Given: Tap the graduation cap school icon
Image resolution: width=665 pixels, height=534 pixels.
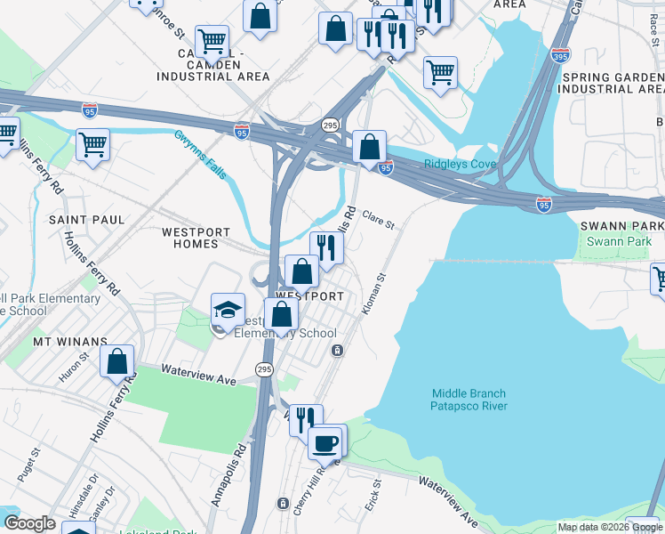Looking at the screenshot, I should [228, 311].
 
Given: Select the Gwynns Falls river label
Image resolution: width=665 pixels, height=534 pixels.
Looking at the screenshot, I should [200, 154].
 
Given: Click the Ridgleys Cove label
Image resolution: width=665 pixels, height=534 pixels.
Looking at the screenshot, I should [459, 164].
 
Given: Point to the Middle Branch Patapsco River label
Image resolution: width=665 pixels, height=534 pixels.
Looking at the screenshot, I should [469, 400].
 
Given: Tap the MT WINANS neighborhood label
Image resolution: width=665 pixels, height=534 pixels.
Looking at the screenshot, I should [70, 341].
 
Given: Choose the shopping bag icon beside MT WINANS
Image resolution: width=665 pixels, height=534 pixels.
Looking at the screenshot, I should [116, 361].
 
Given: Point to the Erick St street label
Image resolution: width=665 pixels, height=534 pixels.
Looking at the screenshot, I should [373, 495].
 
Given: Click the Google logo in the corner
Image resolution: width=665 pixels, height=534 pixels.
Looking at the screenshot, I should [29, 523].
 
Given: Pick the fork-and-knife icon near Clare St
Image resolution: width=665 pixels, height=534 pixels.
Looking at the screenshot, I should [326, 247].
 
